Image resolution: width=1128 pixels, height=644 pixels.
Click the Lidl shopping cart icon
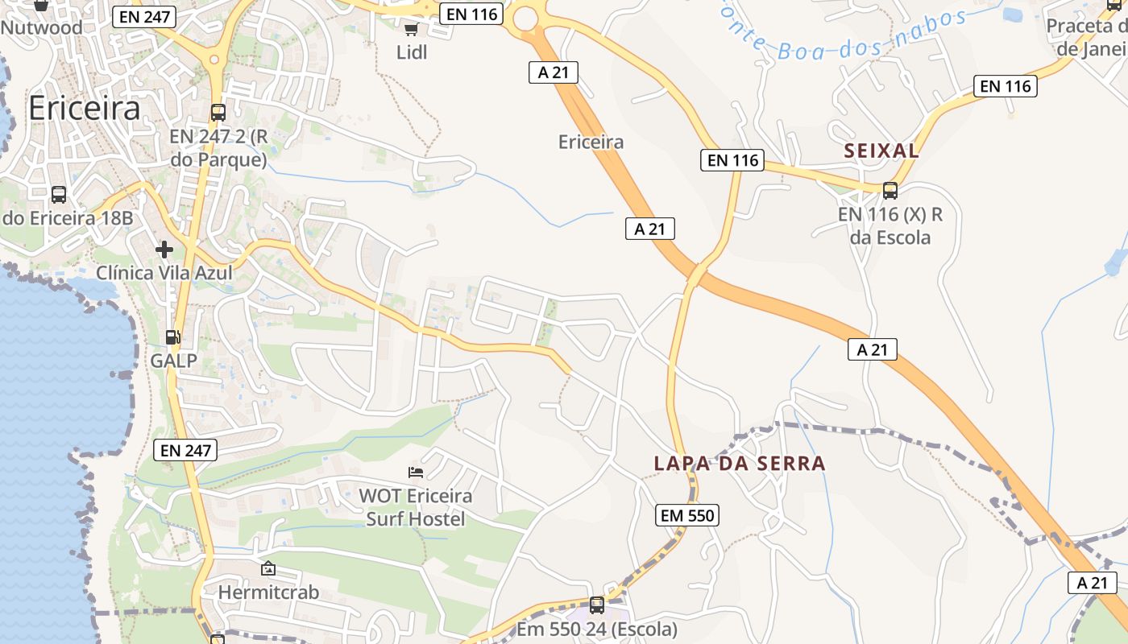click(x=411, y=30)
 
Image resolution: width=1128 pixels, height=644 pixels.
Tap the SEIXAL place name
click(x=881, y=151)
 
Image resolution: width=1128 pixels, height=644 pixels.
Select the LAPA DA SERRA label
click(x=740, y=463)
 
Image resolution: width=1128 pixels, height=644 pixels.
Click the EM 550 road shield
click(x=687, y=515)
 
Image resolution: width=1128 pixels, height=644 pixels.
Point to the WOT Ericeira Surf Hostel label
click(x=416, y=507)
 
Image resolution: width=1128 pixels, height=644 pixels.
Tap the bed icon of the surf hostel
click(x=416, y=471)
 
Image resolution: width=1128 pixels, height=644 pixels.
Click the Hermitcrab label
click(x=268, y=592)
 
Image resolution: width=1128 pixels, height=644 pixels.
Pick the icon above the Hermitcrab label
click(x=268, y=568)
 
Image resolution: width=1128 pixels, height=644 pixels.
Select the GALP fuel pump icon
click(x=172, y=337)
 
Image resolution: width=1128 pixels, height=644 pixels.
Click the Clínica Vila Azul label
click(x=164, y=273)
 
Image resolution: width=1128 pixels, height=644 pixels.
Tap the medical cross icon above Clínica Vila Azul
click(x=164, y=250)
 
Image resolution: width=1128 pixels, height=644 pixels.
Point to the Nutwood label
click(x=42, y=27)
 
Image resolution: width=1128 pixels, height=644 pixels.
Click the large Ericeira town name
click(x=84, y=109)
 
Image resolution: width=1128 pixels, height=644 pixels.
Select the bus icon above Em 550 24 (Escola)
click(x=597, y=604)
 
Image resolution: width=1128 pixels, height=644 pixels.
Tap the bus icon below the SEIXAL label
click(x=890, y=191)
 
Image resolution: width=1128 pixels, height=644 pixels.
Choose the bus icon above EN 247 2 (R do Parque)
click(x=218, y=112)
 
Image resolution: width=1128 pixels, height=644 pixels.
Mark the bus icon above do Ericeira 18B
click(x=59, y=194)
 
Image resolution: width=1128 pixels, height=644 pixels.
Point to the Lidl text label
click(x=412, y=52)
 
